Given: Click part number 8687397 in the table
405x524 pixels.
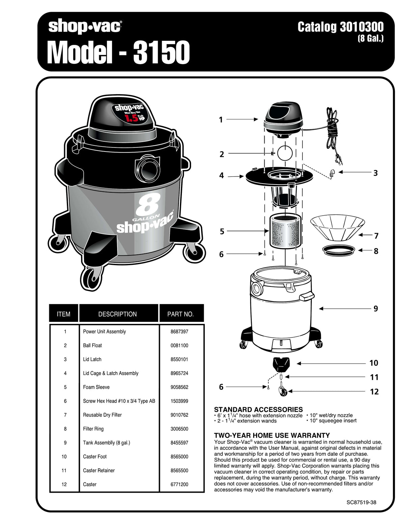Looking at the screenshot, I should pyautogui.click(x=179, y=332).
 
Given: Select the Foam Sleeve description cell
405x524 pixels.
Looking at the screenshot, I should pyautogui.click(x=96, y=387).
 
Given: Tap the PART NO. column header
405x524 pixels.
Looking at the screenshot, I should pyautogui.click(x=181, y=314).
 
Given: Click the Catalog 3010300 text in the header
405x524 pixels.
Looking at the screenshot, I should pyautogui.click(x=340, y=27).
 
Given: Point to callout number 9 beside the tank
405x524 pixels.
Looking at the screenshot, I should pyautogui.click(x=376, y=308).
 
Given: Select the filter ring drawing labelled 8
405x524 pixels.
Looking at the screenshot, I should pyautogui.click(x=339, y=250).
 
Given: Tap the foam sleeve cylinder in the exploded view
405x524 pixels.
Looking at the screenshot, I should pyautogui.click(x=285, y=231).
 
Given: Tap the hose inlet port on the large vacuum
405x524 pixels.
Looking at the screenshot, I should pyautogui.click(x=148, y=167).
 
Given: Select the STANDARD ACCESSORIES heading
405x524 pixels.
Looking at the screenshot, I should pyautogui.click(x=258, y=410).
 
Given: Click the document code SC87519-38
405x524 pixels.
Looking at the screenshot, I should pyautogui.click(x=361, y=502).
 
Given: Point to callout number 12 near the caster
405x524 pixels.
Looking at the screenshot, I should pyautogui.click(x=374, y=391).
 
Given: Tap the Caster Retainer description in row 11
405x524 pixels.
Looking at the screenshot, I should pyautogui.click(x=99, y=470).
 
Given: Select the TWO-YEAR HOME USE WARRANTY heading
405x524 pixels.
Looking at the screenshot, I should pyautogui.click(x=272, y=435).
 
